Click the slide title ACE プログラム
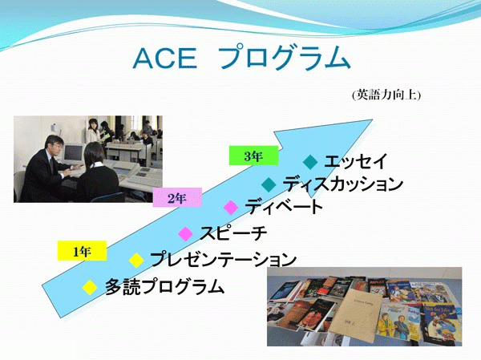[x=242, y=58]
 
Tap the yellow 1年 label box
[x=83, y=251]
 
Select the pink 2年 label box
[x=177, y=198]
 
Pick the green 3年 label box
[x=253, y=156]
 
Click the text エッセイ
[x=356, y=161]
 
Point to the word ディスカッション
[x=342, y=184]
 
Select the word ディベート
[x=284, y=207]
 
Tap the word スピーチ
[x=233, y=233]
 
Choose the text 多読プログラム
[x=164, y=286]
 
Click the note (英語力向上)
[x=386, y=95]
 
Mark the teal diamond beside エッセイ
[x=310, y=162]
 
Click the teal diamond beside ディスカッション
[x=269, y=184]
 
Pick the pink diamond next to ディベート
[x=231, y=208]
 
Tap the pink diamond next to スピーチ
[x=186, y=234]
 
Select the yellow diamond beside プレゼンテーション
[x=136, y=261]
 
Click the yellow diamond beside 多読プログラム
[x=90, y=288]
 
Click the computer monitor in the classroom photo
[x=73, y=152]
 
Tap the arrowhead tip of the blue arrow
[x=373, y=119]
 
